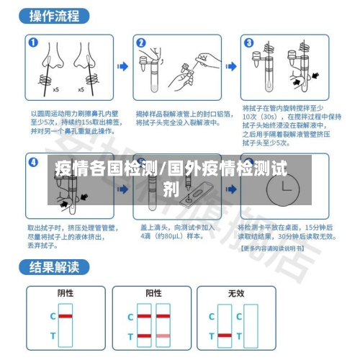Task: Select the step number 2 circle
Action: [140, 42]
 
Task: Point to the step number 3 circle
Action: [248, 42]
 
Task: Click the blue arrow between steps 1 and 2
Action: [122, 66]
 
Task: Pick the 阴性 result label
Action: [66, 294]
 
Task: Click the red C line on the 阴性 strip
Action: [66, 316]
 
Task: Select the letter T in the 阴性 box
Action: [52, 336]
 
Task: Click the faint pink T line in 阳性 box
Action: [163, 336]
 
